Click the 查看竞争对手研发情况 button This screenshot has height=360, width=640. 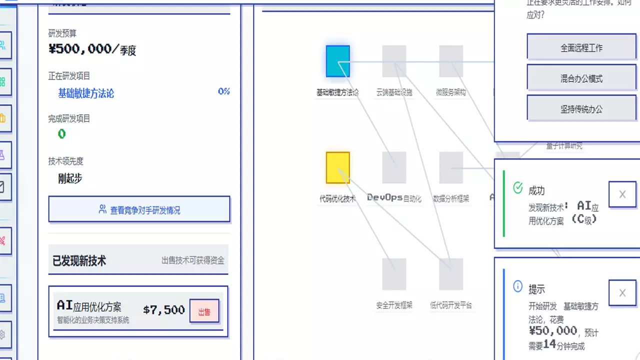tap(139, 210)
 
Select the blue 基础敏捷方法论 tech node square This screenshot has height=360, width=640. tap(337, 61)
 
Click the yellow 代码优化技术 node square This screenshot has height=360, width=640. tap(337, 167)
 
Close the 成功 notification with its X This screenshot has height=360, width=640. tap(622, 194)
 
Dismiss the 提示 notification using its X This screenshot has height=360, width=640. tap(622, 293)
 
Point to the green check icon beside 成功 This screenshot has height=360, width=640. tap(518, 188)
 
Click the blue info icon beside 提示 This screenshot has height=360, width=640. tap(518, 286)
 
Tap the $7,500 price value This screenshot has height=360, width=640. tap(164, 310)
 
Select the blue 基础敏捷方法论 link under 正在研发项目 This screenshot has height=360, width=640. tap(86, 93)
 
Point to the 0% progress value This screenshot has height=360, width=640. tap(223, 91)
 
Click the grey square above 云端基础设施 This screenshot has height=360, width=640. tap(394, 61)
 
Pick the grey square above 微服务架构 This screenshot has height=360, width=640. tap(451, 61)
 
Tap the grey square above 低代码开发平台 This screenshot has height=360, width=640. tap(451, 274)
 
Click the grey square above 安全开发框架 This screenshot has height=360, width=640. tap(394, 274)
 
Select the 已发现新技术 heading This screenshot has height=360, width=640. tap(79, 260)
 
